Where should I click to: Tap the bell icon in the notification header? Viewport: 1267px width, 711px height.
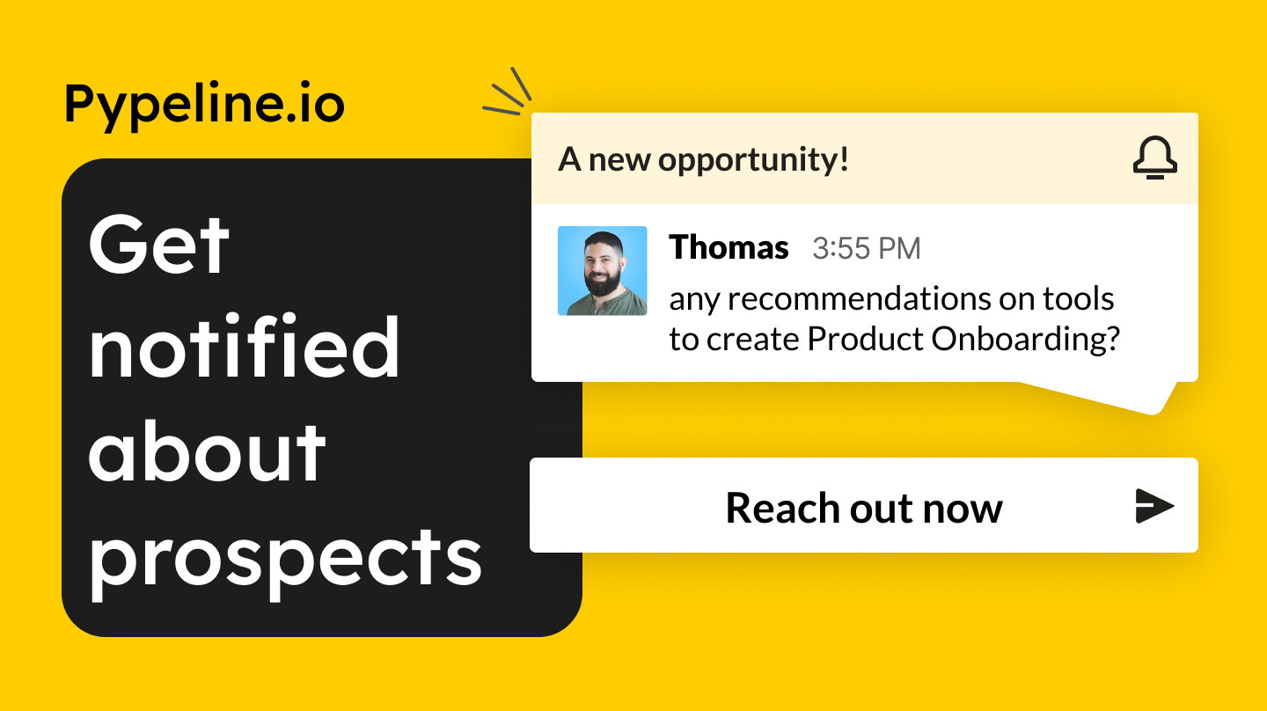pos(1155,158)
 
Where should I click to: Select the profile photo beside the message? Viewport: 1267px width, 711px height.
pos(603,271)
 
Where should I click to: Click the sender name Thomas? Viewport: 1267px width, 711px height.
pos(729,248)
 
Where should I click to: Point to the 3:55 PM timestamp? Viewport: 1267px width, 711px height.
pos(867,248)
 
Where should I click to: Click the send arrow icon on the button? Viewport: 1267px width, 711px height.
pos(1154,506)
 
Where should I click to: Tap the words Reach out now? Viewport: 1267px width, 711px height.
pos(864,508)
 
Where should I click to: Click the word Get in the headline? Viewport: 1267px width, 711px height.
pos(159,245)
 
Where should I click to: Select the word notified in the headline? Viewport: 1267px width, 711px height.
pos(245,345)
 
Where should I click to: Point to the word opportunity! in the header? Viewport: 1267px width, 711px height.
pos(753,160)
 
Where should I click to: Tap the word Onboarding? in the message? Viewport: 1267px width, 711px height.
pos(1026,340)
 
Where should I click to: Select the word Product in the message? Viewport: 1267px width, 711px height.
pos(866,339)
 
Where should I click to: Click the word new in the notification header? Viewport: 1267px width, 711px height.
pos(619,161)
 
